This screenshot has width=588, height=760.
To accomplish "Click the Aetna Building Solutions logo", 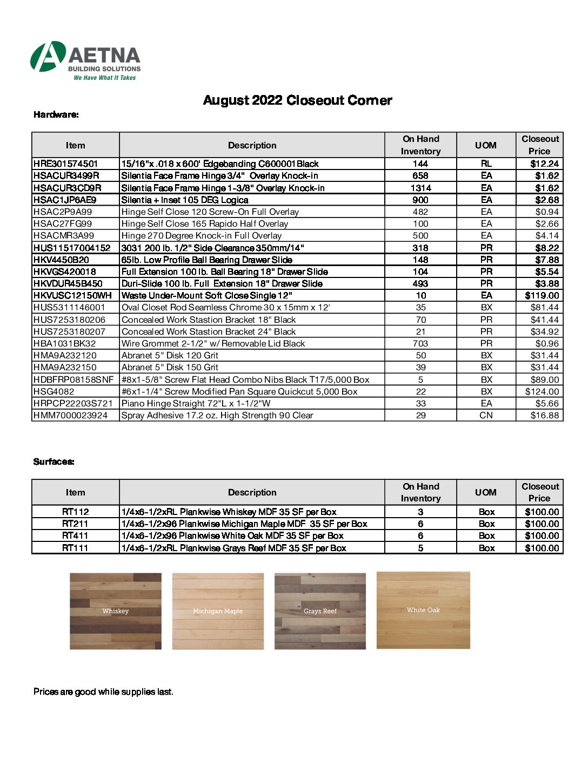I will coord(85,60).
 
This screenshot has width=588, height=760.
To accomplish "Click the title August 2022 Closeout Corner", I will coord(297,100).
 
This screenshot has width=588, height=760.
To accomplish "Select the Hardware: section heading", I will coord(56,114).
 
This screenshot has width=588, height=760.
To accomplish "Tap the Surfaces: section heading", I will coord(54,462).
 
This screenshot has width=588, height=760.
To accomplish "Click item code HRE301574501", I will coord(66,164).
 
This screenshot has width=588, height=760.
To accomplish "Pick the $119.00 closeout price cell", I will coord(542,295).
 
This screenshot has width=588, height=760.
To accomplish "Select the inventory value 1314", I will coord(420,188).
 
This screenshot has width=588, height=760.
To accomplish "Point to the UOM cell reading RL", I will coord(486,164).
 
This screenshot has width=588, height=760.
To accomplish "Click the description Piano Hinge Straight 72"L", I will coord(196,403).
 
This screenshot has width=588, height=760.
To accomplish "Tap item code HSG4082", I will coord(54,391).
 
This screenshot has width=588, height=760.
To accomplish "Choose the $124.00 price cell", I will coord(542,391).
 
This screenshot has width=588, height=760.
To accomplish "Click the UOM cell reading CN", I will coord(486,415).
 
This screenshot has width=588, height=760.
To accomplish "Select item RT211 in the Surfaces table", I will coord(75,524).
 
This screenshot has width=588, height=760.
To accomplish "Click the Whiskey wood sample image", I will coord(116,611).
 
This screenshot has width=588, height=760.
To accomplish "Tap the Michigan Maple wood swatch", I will coord(218,611).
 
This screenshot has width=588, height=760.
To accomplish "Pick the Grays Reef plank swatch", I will coord(320,611).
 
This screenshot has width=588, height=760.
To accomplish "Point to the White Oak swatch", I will coord(423,610).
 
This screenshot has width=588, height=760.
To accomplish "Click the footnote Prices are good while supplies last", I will coord(103,691).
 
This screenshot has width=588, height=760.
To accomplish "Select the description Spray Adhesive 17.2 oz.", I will coord(217,415).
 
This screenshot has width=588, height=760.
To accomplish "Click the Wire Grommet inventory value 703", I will coord(420,343).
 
